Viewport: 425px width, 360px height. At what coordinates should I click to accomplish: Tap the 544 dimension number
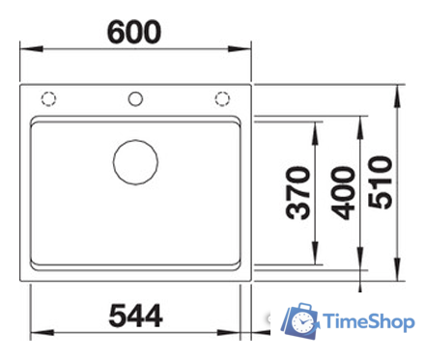coord(134,315)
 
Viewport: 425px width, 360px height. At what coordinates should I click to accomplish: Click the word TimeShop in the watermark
coord(370,320)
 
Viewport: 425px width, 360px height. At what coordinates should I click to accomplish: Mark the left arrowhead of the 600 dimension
coord(25,49)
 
